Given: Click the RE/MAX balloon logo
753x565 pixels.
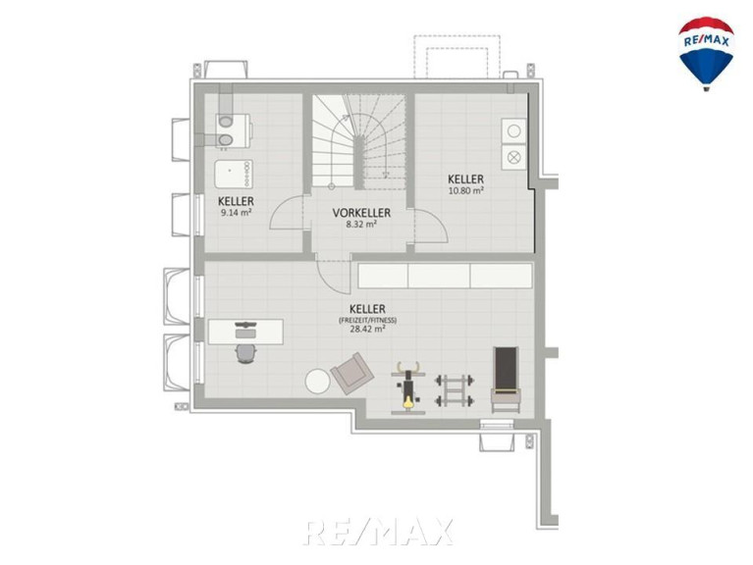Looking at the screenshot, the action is click(x=706, y=54).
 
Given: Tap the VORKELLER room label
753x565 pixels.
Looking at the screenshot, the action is click(x=361, y=213).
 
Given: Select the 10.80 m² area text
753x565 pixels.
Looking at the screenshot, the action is click(x=465, y=191).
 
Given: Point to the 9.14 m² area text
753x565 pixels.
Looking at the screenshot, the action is click(x=237, y=213).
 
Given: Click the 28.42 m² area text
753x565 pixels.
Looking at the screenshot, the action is click(x=367, y=329).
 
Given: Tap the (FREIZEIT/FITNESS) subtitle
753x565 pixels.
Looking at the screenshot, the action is click(x=367, y=320).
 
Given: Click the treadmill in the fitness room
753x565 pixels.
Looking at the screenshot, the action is click(x=506, y=380).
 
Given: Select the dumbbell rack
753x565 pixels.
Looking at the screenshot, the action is click(x=455, y=391).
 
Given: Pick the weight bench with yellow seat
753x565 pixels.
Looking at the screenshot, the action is click(x=407, y=388).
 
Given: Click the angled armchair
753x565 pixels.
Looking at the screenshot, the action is click(x=352, y=374).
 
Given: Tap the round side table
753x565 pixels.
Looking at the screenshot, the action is click(x=318, y=382).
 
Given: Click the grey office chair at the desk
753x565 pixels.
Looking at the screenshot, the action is click(x=245, y=354).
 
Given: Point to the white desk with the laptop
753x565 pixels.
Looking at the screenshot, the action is click(x=245, y=332).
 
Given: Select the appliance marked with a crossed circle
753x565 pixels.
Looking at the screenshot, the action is click(x=513, y=157).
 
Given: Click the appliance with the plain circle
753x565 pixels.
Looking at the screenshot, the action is click(x=513, y=130).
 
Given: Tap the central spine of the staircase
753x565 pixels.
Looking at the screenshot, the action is click(x=358, y=162).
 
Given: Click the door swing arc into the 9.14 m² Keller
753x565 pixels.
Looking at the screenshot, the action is click(x=287, y=213).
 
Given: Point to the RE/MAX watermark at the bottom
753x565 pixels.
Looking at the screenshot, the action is click(x=378, y=532).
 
